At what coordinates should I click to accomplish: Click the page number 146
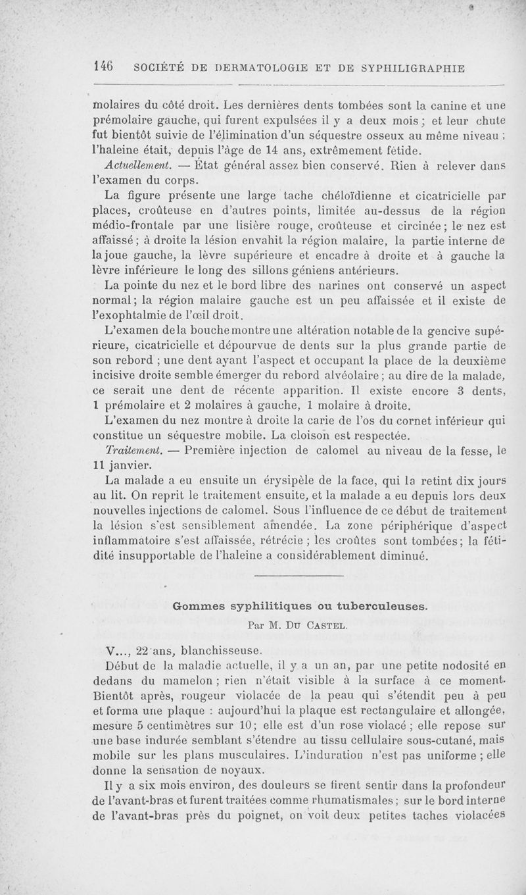click(x=104, y=66)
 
